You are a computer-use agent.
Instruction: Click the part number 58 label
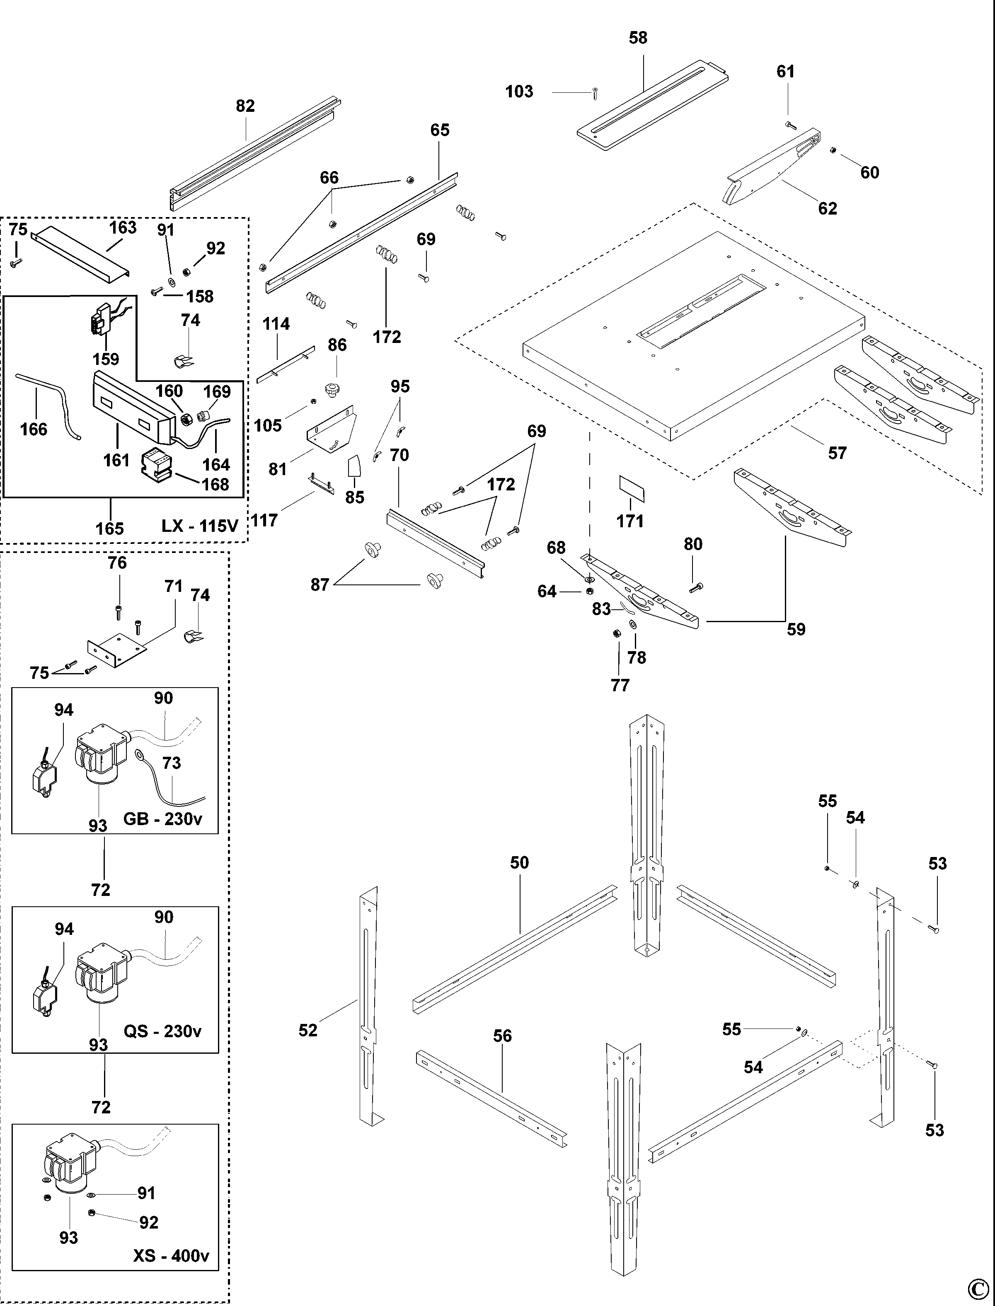pos(638,38)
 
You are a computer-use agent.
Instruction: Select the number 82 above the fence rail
pos(245,106)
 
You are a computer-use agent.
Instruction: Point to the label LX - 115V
pos(200,526)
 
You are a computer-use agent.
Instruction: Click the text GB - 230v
pos(163,819)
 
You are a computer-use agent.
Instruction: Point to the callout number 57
pos(837,454)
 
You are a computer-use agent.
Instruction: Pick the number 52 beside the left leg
pos(308,1030)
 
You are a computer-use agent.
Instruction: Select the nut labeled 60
pos(833,150)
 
